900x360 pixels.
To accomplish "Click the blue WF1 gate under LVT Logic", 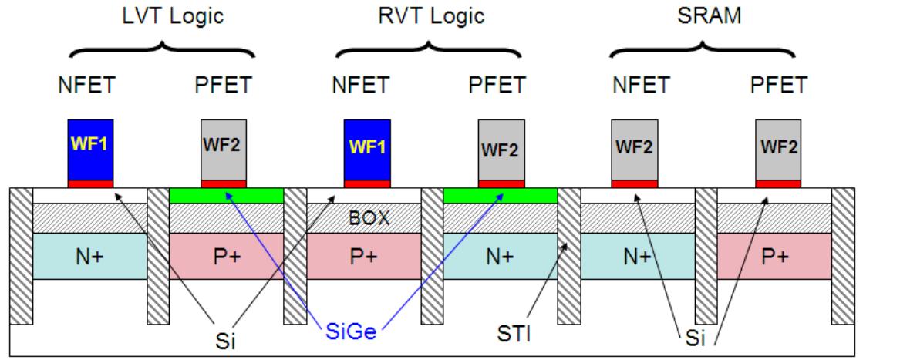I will [x=91, y=149].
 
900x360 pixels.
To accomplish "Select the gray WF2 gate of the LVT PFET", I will [x=224, y=149].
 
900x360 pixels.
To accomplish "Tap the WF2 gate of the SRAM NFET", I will [x=634, y=149].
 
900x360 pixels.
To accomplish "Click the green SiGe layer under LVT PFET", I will [x=227, y=196].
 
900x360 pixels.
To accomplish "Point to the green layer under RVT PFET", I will [x=500, y=196].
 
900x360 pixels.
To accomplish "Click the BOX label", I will [x=365, y=218].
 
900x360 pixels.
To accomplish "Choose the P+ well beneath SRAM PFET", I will [x=774, y=255].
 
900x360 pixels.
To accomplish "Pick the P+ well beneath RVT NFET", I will [x=363, y=255].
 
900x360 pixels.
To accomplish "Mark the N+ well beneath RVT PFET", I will [x=500, y=255].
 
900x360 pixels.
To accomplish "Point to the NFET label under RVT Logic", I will [x=359, y=86].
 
